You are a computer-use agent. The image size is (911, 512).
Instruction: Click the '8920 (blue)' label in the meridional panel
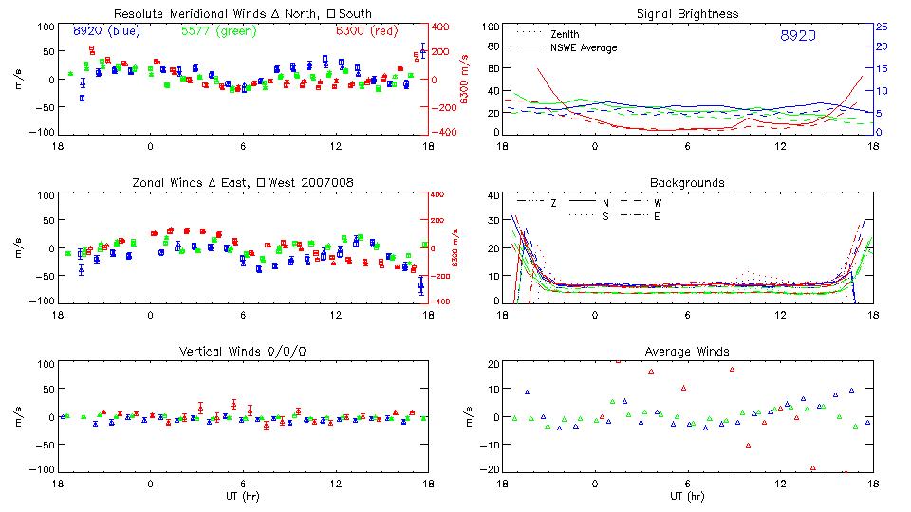(x=105, y=30)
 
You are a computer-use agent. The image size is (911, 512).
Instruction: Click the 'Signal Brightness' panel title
(x=687, y=14)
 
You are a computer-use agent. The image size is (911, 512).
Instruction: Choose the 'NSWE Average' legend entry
(x=584, y=47)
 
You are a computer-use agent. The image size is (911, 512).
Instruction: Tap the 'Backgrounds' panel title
(x=687, y=182)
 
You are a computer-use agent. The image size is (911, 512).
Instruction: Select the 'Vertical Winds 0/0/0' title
(x=242, y=352)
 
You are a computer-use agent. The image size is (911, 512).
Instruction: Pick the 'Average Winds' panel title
(x=687, y=352)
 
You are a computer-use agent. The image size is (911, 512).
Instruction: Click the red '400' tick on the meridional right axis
(x=442, y=27)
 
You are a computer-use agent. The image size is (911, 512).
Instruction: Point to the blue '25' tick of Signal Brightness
(x=881, y=27)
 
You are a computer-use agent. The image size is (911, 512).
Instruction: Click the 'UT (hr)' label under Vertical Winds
(x=242, y=497)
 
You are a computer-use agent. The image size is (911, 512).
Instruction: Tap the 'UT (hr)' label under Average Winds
(x=687, y=497)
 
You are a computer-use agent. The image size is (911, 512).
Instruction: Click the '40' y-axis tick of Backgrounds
(x=493, y=196)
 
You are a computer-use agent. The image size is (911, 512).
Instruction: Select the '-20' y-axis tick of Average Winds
(x=490, y=470)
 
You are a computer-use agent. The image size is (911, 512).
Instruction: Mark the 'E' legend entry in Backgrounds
(x=655, y=216)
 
